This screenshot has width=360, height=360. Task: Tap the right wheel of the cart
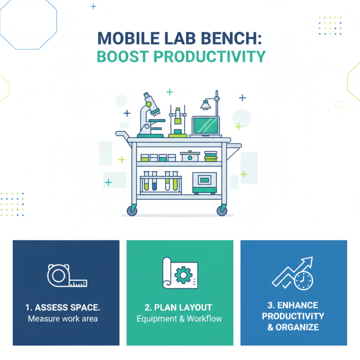(222, 210)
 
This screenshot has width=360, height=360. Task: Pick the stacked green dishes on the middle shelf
(211, 156)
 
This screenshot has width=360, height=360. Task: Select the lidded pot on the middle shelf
(190, 156)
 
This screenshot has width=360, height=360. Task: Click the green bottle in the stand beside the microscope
(178, 121)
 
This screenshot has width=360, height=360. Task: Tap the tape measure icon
(66, 276)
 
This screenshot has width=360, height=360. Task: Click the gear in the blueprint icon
(182, 275)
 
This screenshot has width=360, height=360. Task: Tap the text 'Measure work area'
(63, 319)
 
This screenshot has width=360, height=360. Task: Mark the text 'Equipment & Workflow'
(180, 319)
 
